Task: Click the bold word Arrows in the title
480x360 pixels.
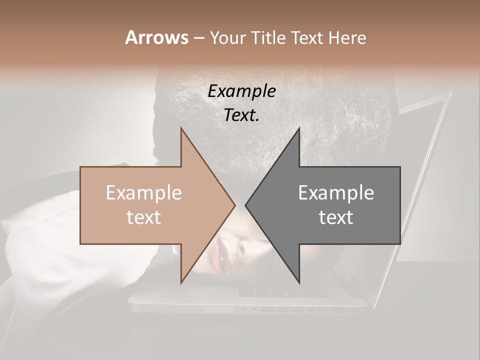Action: (156, 37)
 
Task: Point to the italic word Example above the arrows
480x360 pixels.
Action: (241, 91)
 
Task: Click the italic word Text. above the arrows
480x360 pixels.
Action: (241, 115)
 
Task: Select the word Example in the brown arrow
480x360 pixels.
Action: (144, 193)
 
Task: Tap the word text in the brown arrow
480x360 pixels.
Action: (144, 217)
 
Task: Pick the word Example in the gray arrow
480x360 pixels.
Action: (336, 193)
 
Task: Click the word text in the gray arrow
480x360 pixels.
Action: (336, 217)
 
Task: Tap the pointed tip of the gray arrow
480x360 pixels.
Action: (246, 205)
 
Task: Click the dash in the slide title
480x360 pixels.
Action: (198, 38)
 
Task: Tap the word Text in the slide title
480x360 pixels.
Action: (309, 37)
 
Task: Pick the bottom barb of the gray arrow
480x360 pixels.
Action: (298, 280)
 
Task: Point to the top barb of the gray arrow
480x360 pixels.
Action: (298, 131)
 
